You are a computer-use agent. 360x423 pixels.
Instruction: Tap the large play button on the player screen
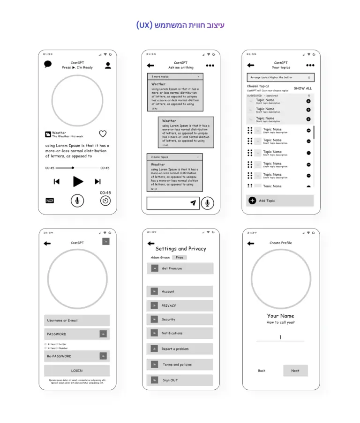click(x=78, y=182)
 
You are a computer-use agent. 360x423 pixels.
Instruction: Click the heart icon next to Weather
click(x=103, y=134)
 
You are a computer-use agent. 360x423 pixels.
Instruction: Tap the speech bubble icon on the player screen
click(x=48, y=65)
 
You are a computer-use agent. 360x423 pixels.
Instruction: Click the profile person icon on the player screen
click(x=108, y=66)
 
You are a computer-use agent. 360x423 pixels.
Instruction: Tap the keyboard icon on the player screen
click(x=50, y=200)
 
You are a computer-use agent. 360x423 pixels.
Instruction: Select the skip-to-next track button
click(x=97, y=182)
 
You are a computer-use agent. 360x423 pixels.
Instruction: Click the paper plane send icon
click(x=193, y=203)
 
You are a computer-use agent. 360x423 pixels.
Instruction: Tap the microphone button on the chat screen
click(x=207, y=203)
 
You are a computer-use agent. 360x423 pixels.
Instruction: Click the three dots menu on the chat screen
click(x=210, y=66)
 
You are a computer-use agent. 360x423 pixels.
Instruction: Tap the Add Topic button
click(x=279, y=200)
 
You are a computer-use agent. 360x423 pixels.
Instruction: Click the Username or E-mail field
click(x=77, y=320)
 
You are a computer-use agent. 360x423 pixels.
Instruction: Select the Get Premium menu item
click(x=180, y=268)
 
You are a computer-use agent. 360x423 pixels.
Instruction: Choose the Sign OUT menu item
click(x=180, y=380)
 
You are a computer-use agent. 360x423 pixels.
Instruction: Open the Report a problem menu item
click(x=180, y=349)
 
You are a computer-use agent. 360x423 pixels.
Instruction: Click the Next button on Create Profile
click(x=295, y=371)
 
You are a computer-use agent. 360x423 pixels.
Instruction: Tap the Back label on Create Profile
click(x=262, y=371)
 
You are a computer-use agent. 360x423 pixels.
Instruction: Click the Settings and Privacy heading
click(x=180, y=249)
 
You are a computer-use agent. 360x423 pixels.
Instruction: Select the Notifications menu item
click(x=180, y=333)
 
